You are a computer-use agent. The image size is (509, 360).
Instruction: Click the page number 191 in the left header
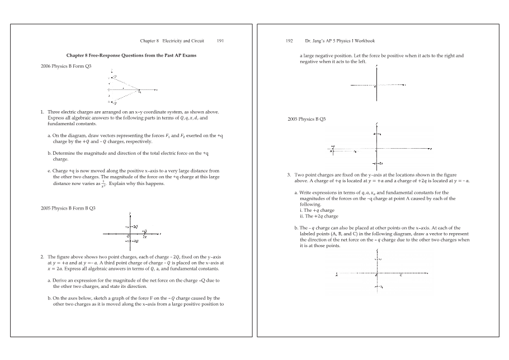click(220, 41)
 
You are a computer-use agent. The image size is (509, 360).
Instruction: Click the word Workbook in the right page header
click(364, 41)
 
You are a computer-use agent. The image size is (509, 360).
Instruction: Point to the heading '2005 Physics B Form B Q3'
click(68, 208)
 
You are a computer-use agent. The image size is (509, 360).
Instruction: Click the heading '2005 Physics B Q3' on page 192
click(307, 119)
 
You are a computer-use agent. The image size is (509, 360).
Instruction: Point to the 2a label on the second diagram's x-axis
click(144, 237)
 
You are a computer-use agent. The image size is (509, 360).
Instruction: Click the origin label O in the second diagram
click(128, 236)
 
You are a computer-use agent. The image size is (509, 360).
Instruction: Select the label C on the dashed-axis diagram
click(401, 276)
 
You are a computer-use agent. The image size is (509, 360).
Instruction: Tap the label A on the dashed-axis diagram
click(336, 274)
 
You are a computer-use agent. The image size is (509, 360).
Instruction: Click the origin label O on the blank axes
click(375, 87)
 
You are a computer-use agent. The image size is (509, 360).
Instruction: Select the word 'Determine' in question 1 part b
click(63, 153)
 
